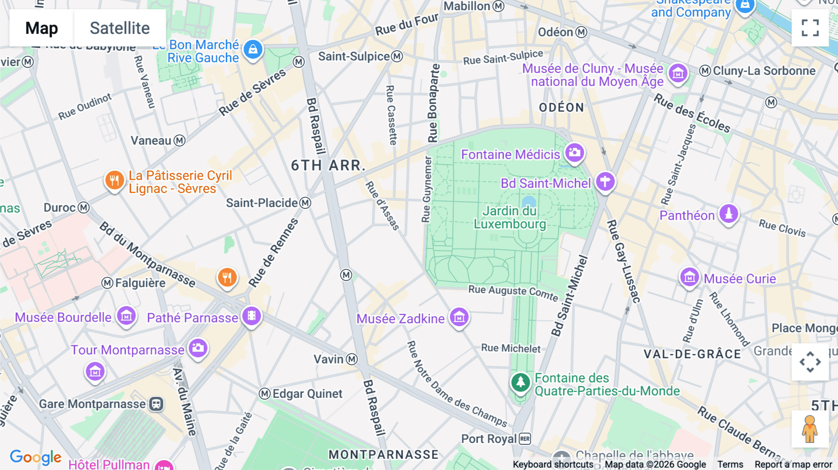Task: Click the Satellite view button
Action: point(120,28)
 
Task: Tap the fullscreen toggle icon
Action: point(810,28)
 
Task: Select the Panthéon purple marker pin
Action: point(729,214)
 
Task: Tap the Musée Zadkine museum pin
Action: point(459,317)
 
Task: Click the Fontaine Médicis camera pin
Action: point(574,153)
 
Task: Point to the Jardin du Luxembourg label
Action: point(510,217)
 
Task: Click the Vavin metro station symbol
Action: point(352,359)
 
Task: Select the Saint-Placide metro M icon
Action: point(305,203)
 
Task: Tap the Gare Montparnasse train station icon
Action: point(156,404)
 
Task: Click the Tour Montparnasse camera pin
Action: point(198,348)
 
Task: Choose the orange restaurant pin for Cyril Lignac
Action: point(114,180)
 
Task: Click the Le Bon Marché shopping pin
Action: point(253,49)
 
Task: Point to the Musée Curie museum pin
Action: point(689,277)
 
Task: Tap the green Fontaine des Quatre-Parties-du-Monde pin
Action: point(520,383)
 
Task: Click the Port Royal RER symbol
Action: point(525,439)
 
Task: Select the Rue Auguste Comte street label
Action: point(513,292)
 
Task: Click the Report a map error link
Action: point(793,464)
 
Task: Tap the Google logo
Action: point(35,457)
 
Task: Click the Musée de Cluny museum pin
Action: point(678,73)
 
